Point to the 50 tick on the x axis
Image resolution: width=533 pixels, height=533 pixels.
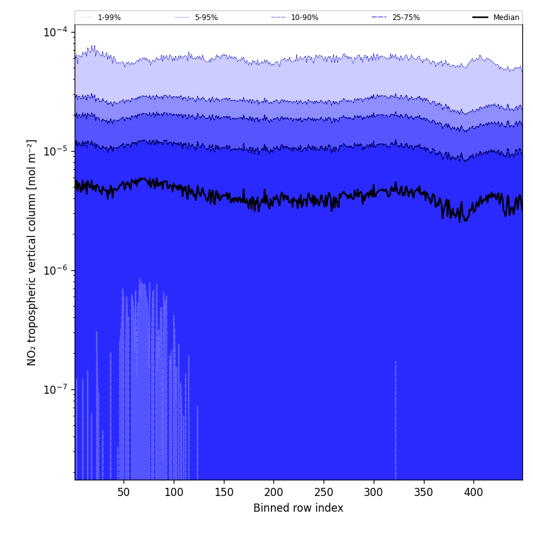click(124, 492)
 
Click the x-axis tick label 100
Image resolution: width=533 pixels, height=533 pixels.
click(174, 492)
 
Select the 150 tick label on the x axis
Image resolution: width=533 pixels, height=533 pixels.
click(224, 492)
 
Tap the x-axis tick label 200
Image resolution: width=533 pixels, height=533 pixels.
click(273, 492)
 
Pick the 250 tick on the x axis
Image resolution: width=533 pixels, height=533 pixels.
click(324, 492)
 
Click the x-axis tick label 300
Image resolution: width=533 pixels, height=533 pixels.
click(374, 492)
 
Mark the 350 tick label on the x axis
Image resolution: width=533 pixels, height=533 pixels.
click(424, 492)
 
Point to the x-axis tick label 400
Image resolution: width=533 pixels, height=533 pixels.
click(473, 492)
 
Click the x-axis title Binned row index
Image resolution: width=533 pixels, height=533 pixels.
click(298, 508)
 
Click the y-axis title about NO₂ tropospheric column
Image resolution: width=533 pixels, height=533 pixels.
click(32, 252)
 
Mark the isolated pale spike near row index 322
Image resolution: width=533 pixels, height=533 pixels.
click(396, 420)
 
